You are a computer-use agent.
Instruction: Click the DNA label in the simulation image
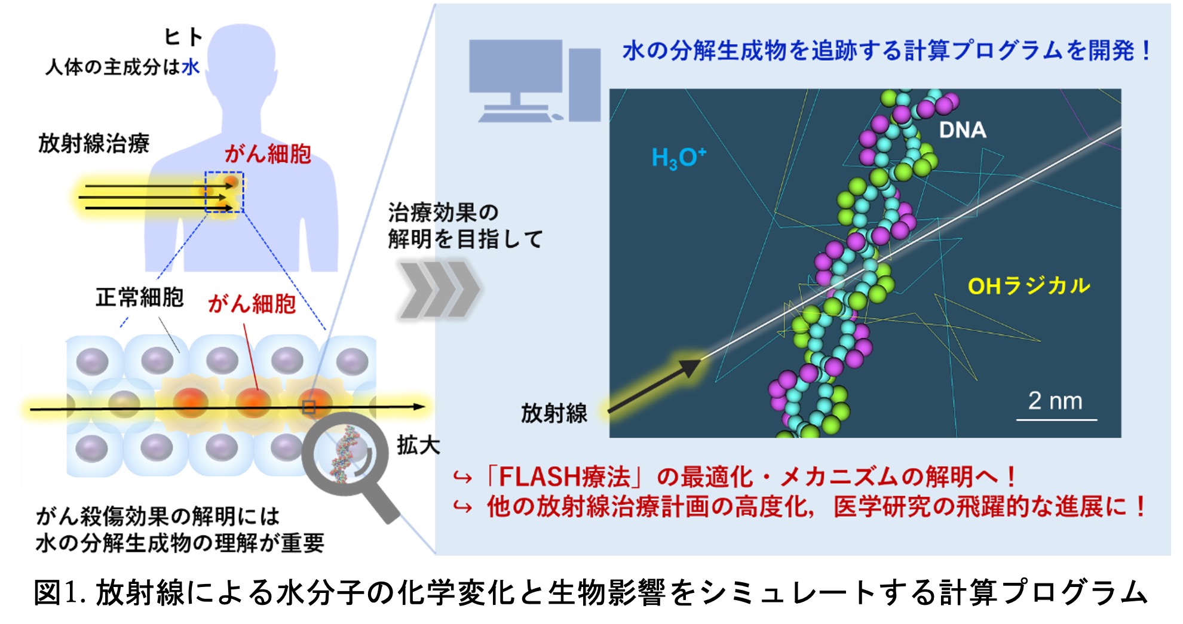point(962,130)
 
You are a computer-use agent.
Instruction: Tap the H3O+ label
point(679,158)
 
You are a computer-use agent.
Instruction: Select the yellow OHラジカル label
point(1029,286)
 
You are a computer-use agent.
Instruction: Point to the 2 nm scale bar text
point(1055,401)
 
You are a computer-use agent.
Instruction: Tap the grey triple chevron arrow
point(439,289)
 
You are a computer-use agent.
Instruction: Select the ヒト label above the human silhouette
point(183,37)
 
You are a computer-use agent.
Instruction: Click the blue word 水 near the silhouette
point(191,67)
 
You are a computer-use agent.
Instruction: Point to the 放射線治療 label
point(94,143)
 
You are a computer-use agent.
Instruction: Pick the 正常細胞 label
point(140,297)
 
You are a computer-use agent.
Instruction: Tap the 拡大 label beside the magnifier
point(418,445)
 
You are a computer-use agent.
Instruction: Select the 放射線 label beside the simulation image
point(554,413)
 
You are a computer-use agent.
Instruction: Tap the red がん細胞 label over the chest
point(268,154)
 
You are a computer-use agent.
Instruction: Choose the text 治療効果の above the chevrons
point(443,212)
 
